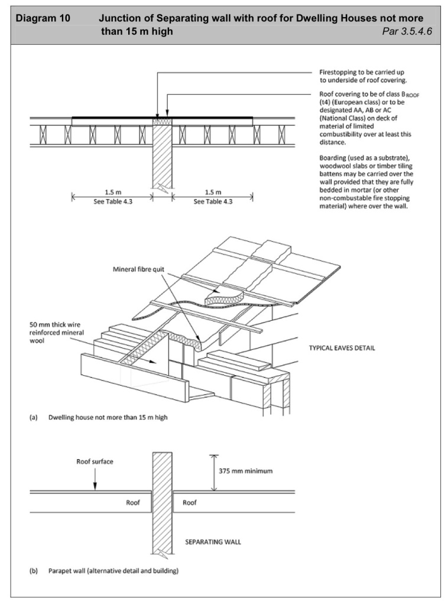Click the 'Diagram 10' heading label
tap(43, 18)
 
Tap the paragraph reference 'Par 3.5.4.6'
tap(407, 31)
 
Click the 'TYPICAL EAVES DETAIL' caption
tap(342, 348)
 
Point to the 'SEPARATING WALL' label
tap(213, 541)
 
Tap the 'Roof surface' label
tap(94, 461)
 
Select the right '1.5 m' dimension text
tap(213, 193)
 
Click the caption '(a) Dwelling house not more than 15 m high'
tap(99, 418)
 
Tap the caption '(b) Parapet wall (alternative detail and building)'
tap(104, 571)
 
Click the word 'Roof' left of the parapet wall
tap(133, 503)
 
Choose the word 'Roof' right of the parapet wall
tap(189, 503)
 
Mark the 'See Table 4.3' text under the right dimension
tap(213, 201)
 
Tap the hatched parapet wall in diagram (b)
tap(162, 502)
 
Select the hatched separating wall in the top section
tap(162, 157)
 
